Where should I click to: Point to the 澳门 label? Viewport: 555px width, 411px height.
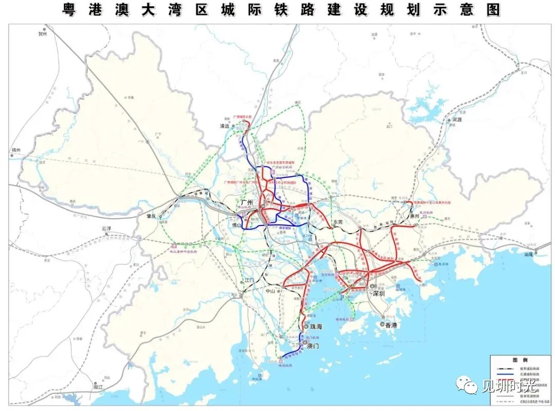pos(312,346)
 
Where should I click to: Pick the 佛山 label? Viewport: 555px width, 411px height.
pos(236,224)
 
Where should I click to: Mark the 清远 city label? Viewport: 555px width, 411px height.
pos(224,125)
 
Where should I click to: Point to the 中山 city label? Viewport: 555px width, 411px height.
pos(271,291)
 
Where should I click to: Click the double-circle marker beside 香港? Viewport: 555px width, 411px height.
pos(382,325)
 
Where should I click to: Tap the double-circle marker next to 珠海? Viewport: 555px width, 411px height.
pos(306,327)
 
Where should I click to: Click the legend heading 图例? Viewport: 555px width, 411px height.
pos(520,360)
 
